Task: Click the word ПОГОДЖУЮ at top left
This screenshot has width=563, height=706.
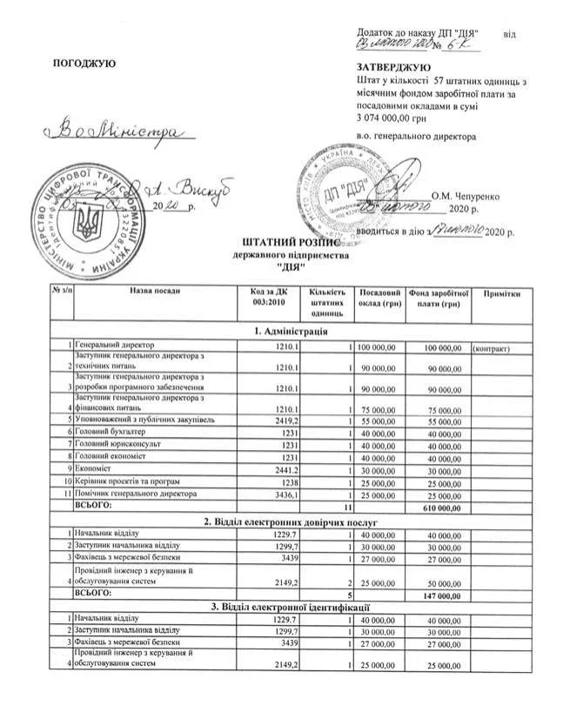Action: pos(84,64)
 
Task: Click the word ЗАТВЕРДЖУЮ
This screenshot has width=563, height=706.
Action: pos(393,68)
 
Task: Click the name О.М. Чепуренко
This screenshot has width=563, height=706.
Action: pos(465,196)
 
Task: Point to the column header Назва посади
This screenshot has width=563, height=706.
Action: pos(156,293)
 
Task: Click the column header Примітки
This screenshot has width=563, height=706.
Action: pos(503,293)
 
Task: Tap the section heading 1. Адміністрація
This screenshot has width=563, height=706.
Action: pos(291,332)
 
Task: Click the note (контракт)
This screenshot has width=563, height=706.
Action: pos(491,347)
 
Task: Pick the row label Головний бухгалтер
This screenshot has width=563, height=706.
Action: pos(110,432)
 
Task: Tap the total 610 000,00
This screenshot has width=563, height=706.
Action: pos(439,507)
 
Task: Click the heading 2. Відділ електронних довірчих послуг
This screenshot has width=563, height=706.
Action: pos(291,521)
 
